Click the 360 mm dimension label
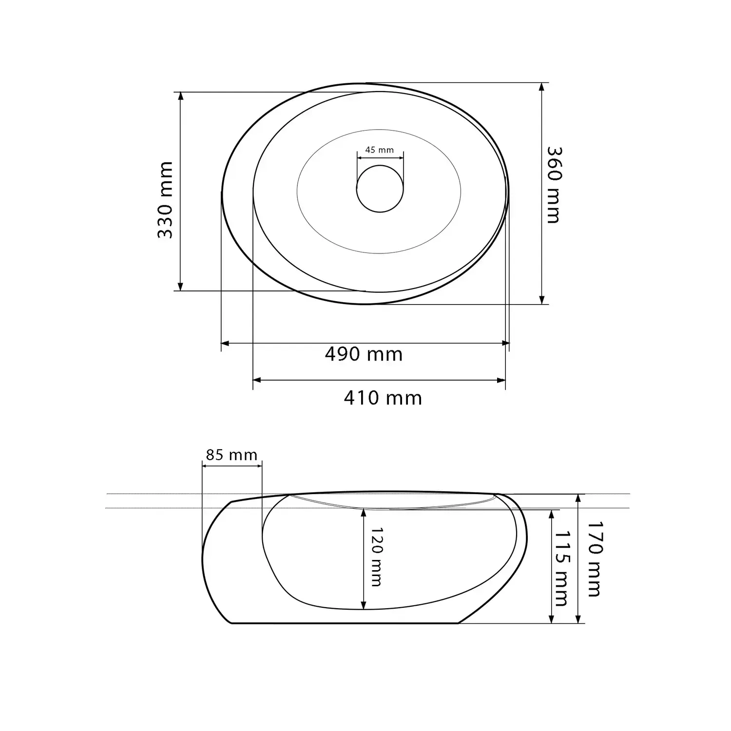[553, 185]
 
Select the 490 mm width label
[364, 354]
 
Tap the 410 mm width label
[383, 398]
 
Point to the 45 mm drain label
[379, 150]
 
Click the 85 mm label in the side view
[231, 455]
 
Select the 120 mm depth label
[376, 557]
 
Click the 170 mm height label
[594, 559]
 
